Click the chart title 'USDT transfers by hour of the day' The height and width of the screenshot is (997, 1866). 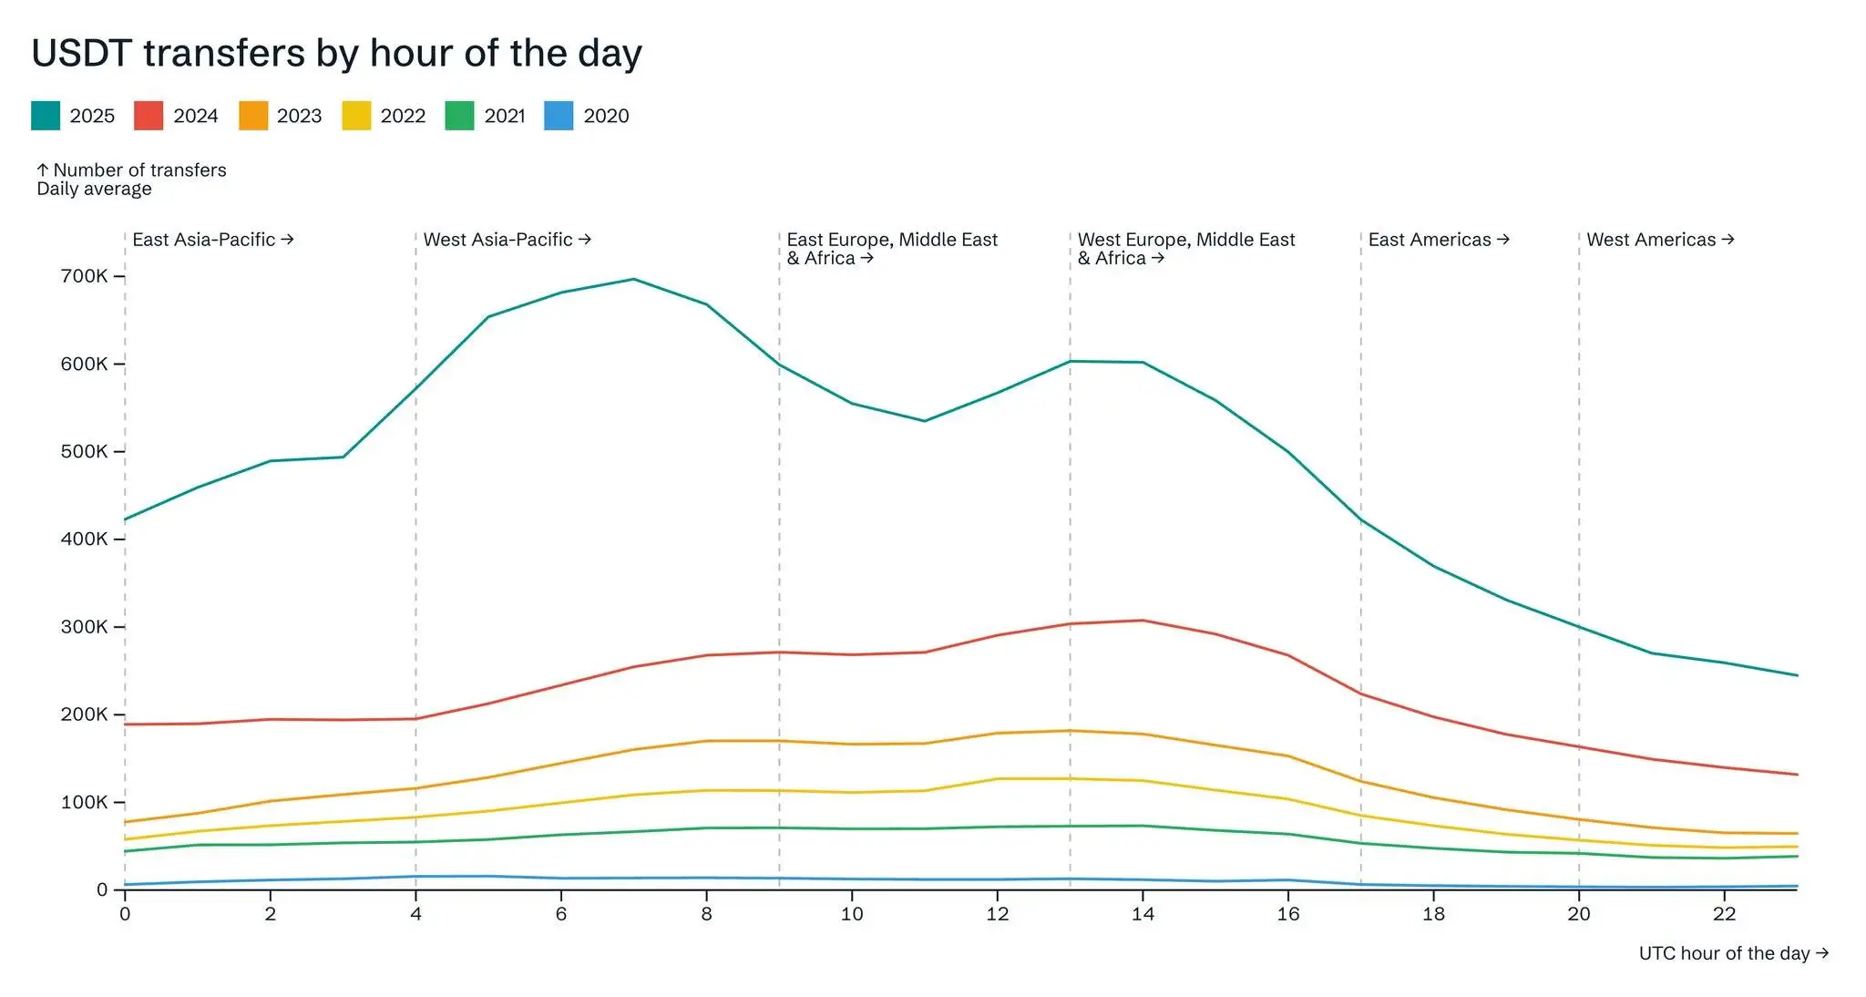[x=336, y=53]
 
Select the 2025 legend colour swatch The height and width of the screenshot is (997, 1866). [x=46, y=116]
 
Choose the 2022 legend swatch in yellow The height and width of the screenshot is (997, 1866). [x=356, y=116]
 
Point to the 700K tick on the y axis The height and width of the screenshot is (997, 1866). [x=84, y=276]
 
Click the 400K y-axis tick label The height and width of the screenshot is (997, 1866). [x=84, y=539]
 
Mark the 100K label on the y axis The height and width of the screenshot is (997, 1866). [x=84, y=802]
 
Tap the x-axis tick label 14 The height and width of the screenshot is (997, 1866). [x=1143, y=914]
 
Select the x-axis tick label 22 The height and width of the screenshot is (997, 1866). [x=1724, y=914]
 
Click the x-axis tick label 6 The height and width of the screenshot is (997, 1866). [x=561, y=914]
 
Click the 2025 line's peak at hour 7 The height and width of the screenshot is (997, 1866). [x=634, y=279]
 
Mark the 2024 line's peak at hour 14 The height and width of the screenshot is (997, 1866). [x=1143, y=621]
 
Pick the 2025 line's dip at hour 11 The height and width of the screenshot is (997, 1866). [x=925, y=421]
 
